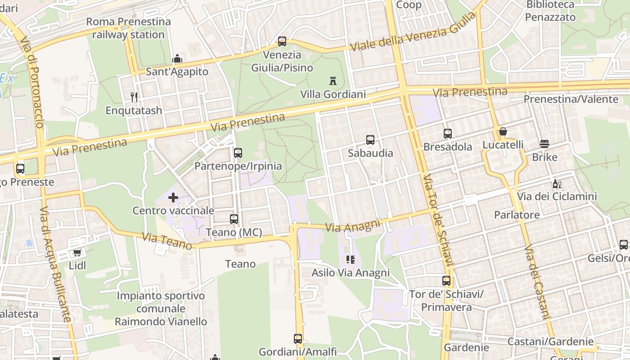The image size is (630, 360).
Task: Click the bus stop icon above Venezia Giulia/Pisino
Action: click(x=282, y=41)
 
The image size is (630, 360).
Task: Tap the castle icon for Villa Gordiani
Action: click(x=333, y=81)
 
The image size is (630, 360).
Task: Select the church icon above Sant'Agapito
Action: click(x=177, y=58)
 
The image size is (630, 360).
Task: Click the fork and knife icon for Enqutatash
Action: click(x=134, y=97)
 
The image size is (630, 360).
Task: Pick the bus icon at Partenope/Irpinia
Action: click(x=238, y=153)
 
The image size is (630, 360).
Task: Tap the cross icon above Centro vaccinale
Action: click(x=173, y=197)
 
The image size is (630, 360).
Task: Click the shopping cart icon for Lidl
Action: click(x=77, y=253)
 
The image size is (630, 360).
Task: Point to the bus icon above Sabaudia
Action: click(x=370, y=140)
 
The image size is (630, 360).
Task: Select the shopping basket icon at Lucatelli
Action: click(x=503, y=132)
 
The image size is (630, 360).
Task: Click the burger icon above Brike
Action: click(x=544, y=144)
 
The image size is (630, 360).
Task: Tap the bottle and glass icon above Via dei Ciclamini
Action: click(x=557, y=184)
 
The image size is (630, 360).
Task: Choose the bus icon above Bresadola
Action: click(x=447, y=134)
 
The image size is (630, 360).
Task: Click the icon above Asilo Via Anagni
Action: click(x=350, y=260)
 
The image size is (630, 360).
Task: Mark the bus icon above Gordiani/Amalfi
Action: click(x=298, y=339)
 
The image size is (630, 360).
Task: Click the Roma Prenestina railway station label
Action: click(x=128, y=28)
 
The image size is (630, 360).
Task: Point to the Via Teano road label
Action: click(x=167, y=241)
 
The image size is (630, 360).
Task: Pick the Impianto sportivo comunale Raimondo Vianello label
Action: click(x=161, y=309)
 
